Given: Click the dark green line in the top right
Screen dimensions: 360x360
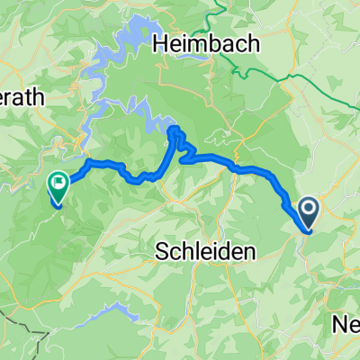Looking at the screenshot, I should [297, 67].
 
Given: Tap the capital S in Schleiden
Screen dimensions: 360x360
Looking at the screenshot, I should [162, 250].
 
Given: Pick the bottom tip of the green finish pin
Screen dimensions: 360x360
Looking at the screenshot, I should [58, 206].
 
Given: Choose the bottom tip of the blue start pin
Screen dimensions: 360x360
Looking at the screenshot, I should [309, 230].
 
